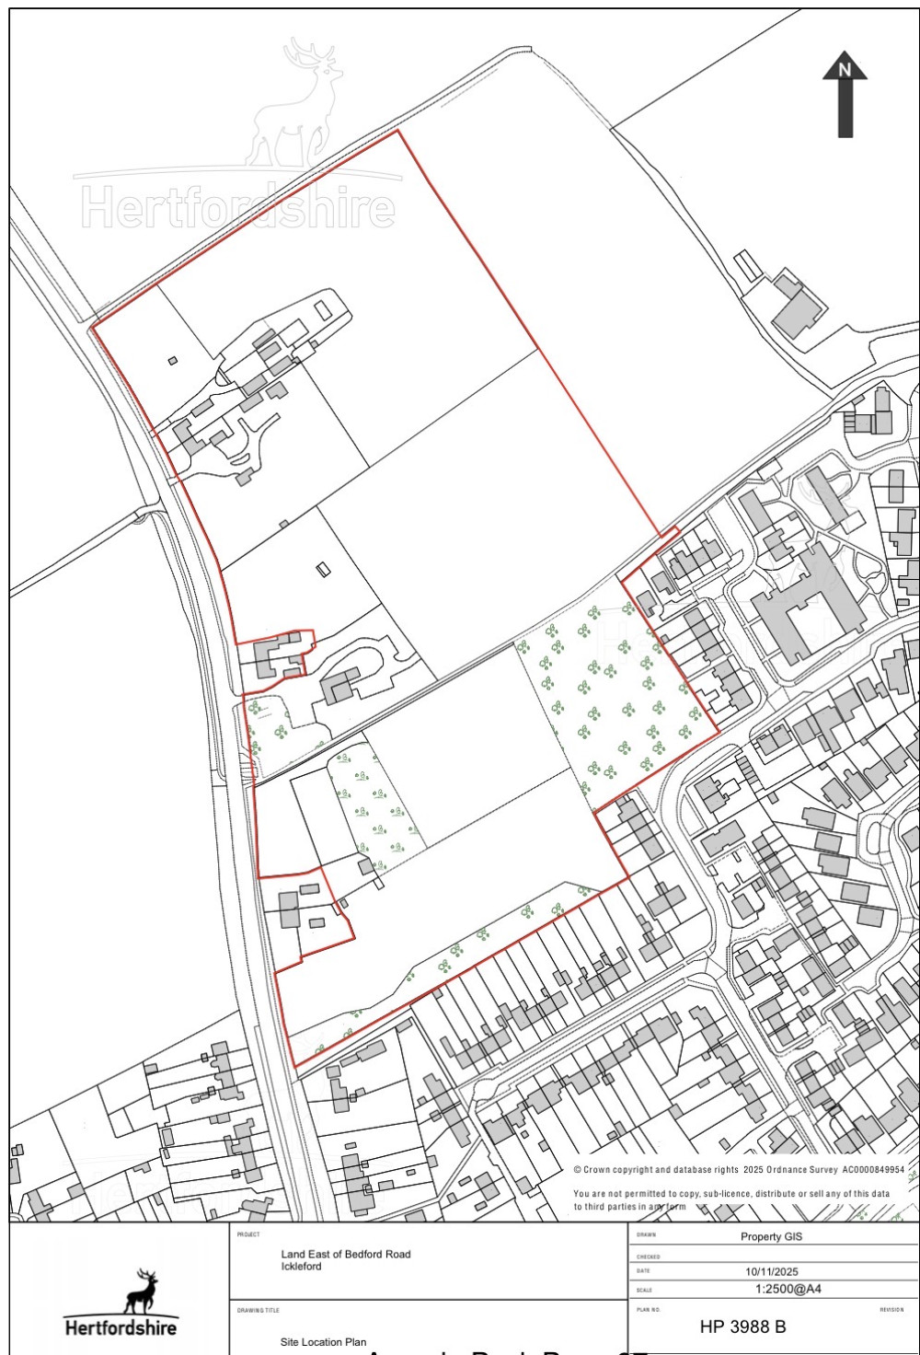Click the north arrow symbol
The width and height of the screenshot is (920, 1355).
point(845,97)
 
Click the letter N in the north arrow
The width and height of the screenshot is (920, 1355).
point(845,67)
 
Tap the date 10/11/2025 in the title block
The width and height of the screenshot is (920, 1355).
point(772,1271)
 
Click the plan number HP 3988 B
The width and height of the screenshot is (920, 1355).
point(742,1326)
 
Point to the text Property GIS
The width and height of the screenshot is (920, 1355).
point(772,1236)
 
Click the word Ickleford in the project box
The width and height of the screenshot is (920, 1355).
point(302,1267)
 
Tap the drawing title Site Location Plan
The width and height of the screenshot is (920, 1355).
point(323,1342)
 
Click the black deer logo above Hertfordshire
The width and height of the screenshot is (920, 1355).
point(140,1291)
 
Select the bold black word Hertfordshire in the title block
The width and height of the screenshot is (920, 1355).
point(121,1327)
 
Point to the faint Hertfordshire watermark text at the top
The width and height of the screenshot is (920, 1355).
point(238,208)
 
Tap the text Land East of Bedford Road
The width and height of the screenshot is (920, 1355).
point(346,1254)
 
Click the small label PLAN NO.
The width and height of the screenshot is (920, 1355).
point(649,1309)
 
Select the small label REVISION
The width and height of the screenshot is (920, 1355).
point(891,1309)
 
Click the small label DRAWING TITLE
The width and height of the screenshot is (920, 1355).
point(258,1310)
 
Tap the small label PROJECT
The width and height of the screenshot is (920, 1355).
point(248,1234)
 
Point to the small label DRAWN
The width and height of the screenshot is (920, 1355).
point(645,1234)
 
